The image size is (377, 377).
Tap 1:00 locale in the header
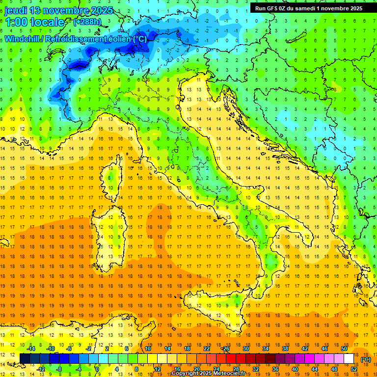(x=34, y=22)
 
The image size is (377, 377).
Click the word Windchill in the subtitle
(x=22, y=39)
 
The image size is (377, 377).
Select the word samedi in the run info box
(x=309, y=8)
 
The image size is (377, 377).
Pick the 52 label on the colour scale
(x=354, y=369)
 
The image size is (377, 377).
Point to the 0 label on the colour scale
(x=97, y=369)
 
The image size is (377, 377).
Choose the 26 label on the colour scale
(x=225, y=348)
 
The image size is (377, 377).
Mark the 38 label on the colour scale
(x=285, y=348)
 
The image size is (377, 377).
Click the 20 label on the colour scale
(x=196, y=369)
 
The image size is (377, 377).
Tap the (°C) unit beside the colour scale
(x=366, y=359)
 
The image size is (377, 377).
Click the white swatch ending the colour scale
(x=349, y=358)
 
